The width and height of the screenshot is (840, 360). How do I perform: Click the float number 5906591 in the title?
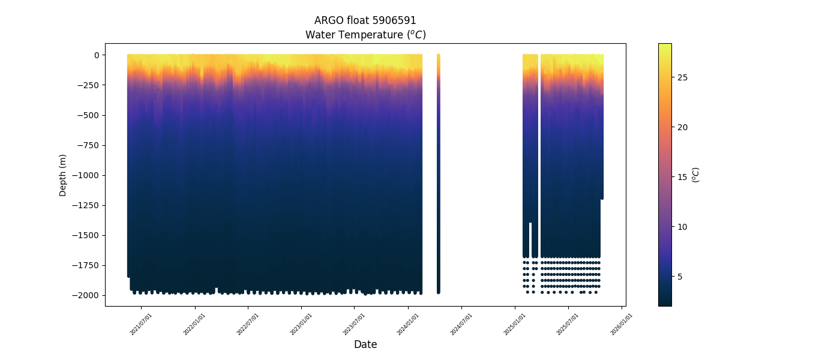(395, 20)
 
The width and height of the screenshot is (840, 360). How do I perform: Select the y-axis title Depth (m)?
(63, 175)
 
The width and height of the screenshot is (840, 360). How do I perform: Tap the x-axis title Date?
(365, 344)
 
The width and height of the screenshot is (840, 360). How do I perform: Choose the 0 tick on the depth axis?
(96, 55)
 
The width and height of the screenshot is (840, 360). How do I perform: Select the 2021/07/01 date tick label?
(141, 323)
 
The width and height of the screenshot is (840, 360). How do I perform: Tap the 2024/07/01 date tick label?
(461, 323)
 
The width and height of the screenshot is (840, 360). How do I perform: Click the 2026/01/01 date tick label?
(621, 323)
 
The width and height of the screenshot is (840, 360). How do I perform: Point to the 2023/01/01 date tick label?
(301, 323)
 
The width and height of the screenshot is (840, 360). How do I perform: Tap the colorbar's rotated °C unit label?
(696, 175)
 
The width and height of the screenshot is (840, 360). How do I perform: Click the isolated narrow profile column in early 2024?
(438, 174)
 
